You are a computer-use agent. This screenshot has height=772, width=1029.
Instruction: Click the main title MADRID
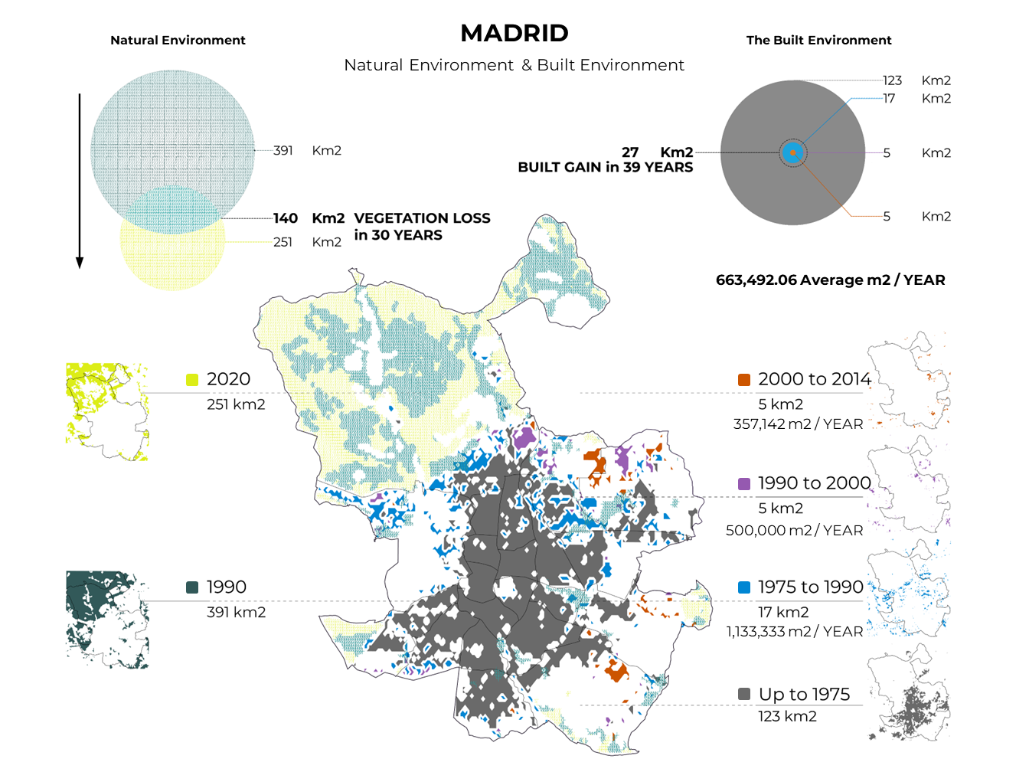pos(514,33)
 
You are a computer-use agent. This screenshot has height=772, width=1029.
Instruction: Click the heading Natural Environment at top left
pos(178,40)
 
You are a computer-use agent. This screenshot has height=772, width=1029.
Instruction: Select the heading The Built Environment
pos(818,40)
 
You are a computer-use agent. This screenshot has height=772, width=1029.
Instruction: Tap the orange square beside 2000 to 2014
pos(744,380)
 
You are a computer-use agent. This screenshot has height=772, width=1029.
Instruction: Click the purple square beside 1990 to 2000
pos(744,484)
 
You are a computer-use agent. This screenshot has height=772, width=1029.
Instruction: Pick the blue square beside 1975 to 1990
pos(744,587)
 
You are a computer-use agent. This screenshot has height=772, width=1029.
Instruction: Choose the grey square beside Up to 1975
pos(744,694)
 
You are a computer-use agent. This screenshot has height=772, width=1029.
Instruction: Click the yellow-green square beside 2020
pos(192,380)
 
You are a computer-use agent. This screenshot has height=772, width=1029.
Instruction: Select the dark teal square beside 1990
pos(192,587)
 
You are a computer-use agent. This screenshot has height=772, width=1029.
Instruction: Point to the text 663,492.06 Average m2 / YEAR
pos(830,280)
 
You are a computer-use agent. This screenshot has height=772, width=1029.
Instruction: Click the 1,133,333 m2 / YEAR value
pos(795,631)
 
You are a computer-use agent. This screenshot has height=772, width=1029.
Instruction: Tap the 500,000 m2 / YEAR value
pos(795,530)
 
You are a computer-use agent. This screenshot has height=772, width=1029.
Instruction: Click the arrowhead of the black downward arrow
pos(79,263)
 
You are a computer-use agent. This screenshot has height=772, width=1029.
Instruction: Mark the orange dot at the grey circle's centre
pos(793,153)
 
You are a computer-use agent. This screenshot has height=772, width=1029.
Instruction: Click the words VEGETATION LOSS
pos(422,218)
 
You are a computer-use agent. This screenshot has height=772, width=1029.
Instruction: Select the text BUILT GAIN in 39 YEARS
pos(605,167)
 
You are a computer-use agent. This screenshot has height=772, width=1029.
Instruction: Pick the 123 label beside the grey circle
pos(892,80)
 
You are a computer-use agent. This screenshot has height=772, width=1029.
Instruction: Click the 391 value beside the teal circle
pos(283,150)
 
